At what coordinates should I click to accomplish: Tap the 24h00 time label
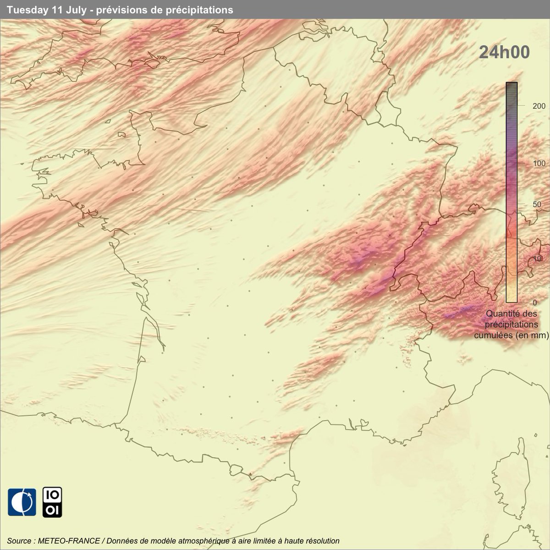click(x=504, y=53)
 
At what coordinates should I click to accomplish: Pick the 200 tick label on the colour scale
click(x=527, y=105)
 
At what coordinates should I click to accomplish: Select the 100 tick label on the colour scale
click(x=527, y=164)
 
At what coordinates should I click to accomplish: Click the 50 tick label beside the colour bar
click(x=525, y=204)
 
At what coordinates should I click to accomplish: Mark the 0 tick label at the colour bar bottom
click(x=522, y=302)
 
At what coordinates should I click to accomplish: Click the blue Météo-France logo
click(x=22, y=502)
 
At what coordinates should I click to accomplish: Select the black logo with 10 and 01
click(x=52, y=502)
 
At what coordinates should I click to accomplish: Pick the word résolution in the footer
click(x=322, y=541)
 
